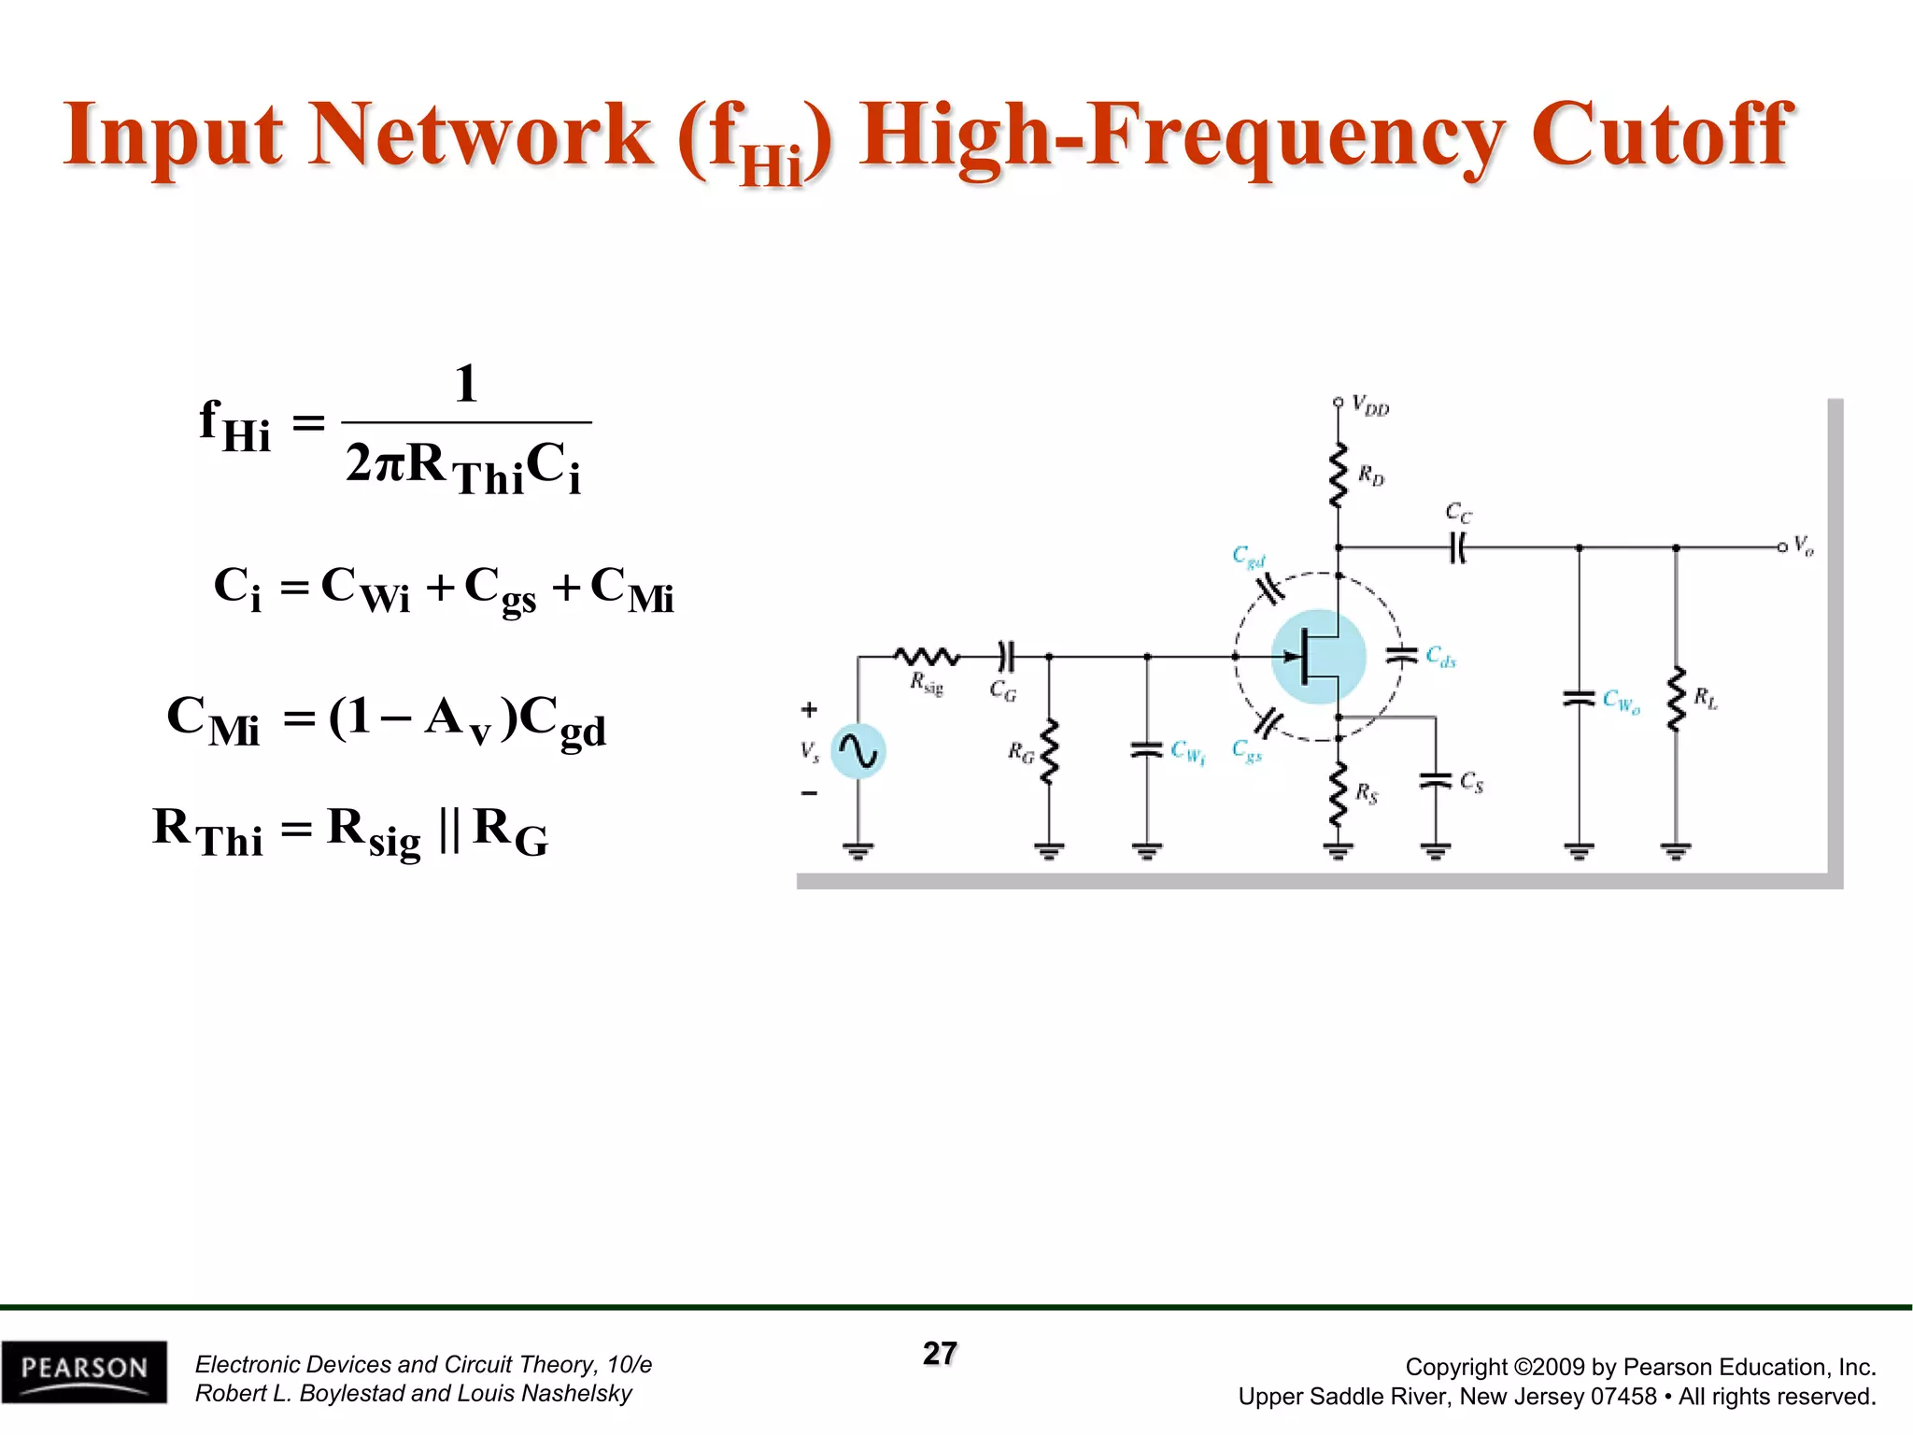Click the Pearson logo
[84, 1371]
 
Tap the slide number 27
[940, 1354]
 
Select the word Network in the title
[480, 135]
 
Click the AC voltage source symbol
[857, 751]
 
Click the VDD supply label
[1370, 405]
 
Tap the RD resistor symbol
[1339, 476]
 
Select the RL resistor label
[1706, 698]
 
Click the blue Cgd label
[1248, 557]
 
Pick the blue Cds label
[1440, 657]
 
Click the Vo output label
[1804, 546]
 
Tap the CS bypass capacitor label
[1471, 782]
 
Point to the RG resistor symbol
[1049, 751]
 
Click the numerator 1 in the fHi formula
[466, 384]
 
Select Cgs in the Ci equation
[500, 590]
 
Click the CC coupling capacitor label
[1458, 513]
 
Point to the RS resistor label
[1367, 794]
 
